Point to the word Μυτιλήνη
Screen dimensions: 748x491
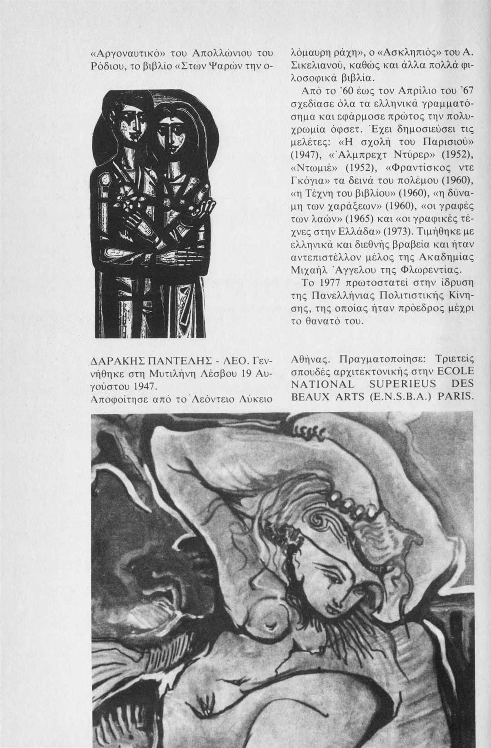tap(182, 375)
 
